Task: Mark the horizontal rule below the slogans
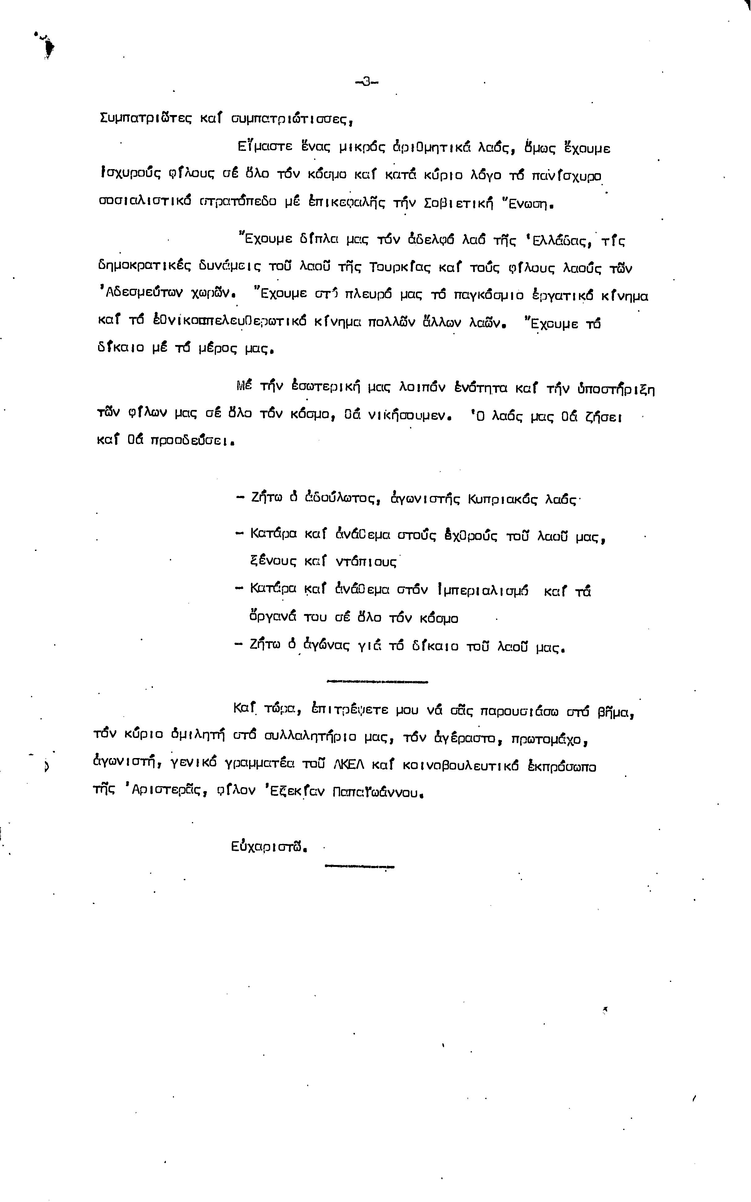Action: coord(378,681)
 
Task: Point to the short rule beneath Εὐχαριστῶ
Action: coord(359,867)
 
